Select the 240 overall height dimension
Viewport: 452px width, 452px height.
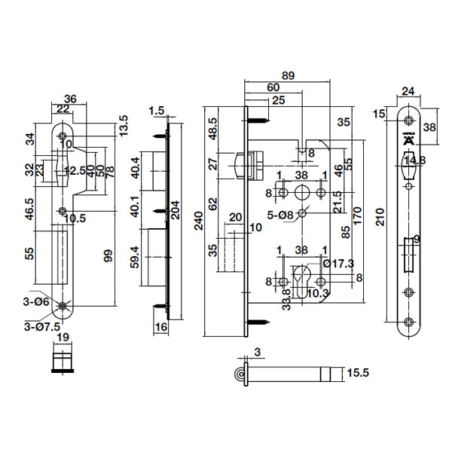[x=198, y=220]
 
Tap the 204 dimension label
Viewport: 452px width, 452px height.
[x=175, y=209]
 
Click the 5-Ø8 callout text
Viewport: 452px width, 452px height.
[x=279, y=215]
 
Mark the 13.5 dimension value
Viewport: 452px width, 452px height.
[x=120, y=124]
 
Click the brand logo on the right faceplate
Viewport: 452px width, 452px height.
[x=408, y=140]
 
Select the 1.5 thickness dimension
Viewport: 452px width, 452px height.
[x=157, y=111]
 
